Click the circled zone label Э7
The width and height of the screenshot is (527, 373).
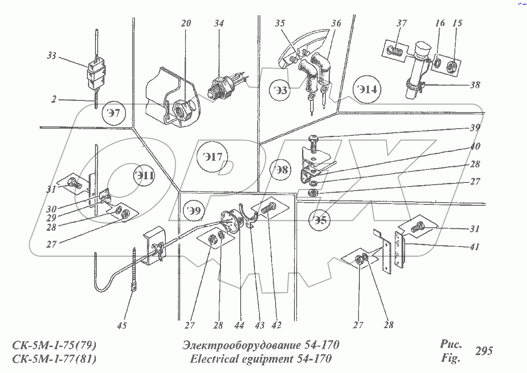[114, 113]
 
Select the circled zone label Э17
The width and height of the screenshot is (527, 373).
[212, 158]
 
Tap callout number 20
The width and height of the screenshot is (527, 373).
[186, 23]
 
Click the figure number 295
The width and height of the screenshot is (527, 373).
[484, 351]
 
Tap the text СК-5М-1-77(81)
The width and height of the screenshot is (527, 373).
[54, 359]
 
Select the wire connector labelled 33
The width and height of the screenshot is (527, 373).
[95, 73]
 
